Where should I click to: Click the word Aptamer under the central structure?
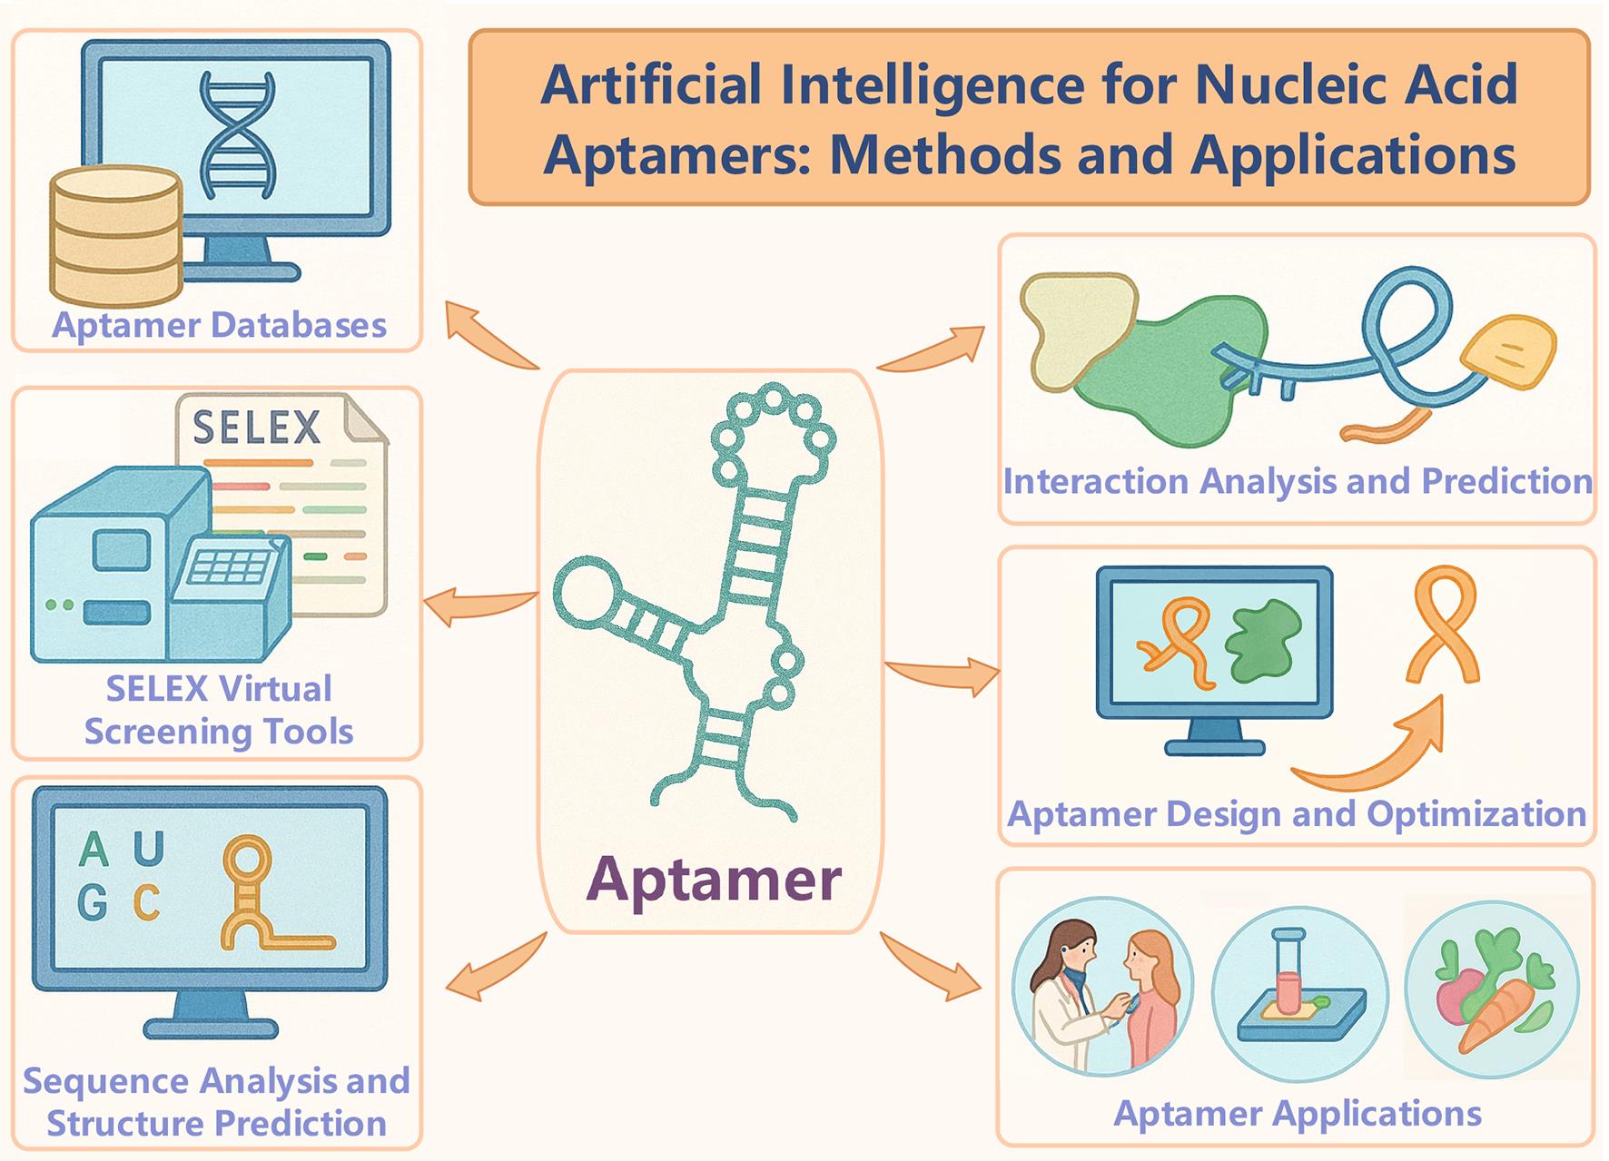pyautogui.click(x=714, y=879)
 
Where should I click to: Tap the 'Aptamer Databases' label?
pyautogui.click(x=219, y=325)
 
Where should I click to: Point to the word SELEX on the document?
pyautogui.click(x=257, y=427)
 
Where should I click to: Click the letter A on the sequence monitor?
pyautogui.click(x=94, y=851)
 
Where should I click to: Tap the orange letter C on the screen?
pyautogui.click(x=147, y=902)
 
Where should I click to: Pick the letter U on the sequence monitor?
pyautogui.click(x=149, y=850)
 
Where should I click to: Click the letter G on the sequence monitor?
pyautogui.click(x=93, y=902)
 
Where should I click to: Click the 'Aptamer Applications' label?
pyautogui.click(x=1297, y=1113)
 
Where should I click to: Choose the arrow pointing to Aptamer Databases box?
pyautogui.click(x=486, y=336)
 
